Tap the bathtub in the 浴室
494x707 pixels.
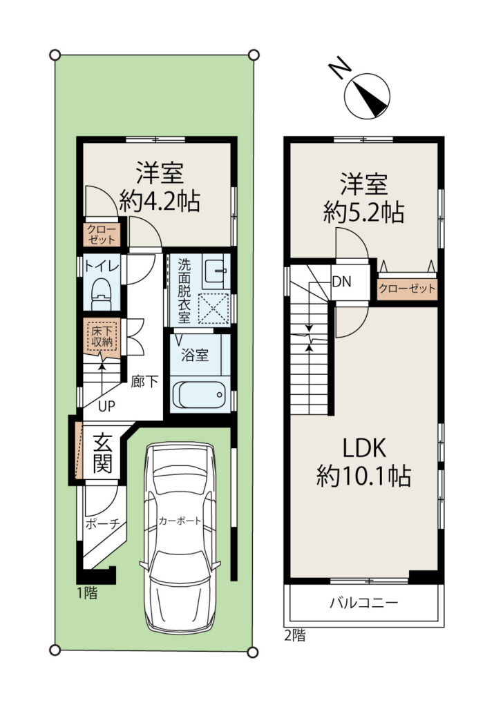click(198, 394)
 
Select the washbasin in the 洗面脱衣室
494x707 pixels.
click(214, 271)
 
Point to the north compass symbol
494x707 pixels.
click(366, 96)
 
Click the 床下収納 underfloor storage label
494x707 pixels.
click(102, 336)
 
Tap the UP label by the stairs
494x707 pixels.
click(106, 406)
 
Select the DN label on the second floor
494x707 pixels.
click(341, 282)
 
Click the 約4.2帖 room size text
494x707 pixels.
click(160, 202)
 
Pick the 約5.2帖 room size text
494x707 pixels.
click(363, 212)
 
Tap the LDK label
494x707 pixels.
click(363, 449)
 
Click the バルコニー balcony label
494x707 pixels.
click(364, 602)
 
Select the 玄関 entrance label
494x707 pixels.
click(103, 452)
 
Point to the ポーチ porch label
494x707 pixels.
click(102, 523)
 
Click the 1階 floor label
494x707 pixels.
click(87, 592)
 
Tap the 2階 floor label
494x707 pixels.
click(295, 636)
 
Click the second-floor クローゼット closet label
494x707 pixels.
click(407, 288)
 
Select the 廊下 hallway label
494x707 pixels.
click(144, 382)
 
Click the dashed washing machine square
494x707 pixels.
click(214, 309)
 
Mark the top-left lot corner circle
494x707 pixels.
click(55, 55)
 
